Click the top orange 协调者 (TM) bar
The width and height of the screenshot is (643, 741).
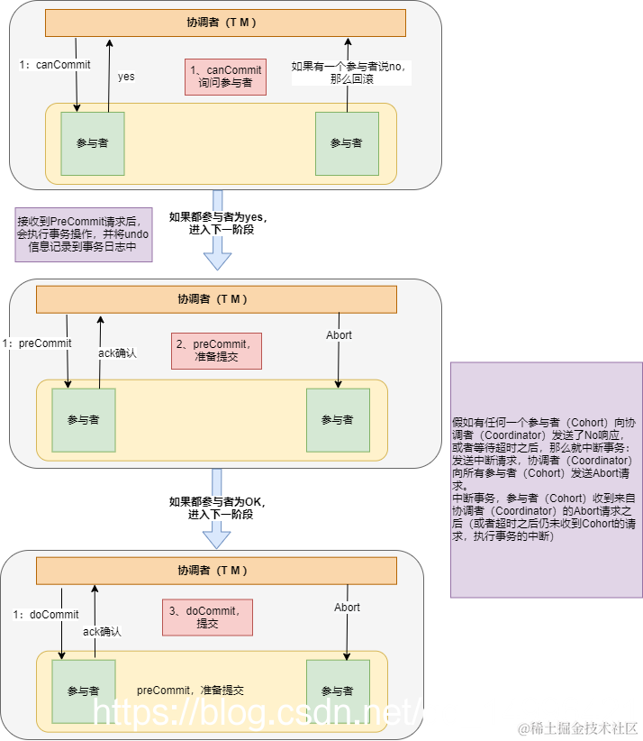pyautogui.click(x=225, y=23)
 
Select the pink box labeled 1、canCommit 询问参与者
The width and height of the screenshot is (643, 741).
pyautogui.click(x=225, y=77)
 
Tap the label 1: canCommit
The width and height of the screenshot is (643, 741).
pyautogui.click(x=50, y=65)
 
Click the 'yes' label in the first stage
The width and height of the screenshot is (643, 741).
pyautogui.click(x=126, y=77)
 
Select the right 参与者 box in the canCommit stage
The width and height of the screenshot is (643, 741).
pyautogui.click(x=347, y=143)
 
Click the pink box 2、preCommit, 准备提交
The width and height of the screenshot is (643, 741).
pyautogui.click(x=216, y=350)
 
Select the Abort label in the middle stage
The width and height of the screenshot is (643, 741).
pyautogui.click(x=339, y=335)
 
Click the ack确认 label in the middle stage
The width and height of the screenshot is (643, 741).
pyautogui.click(x=117, y=353)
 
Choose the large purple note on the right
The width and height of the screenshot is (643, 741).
pyautogui.click(x=546, y=480)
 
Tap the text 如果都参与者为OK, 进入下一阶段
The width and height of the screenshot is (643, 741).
pyautogui.click(x=219, y=508)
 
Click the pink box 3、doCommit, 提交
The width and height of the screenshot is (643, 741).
pyautogui.click(x=207, y=617)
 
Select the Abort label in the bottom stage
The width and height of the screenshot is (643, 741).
pyautogui.click(x=347, y=608)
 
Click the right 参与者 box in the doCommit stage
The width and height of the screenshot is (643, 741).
pyautogui.click(x=338, y=691)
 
